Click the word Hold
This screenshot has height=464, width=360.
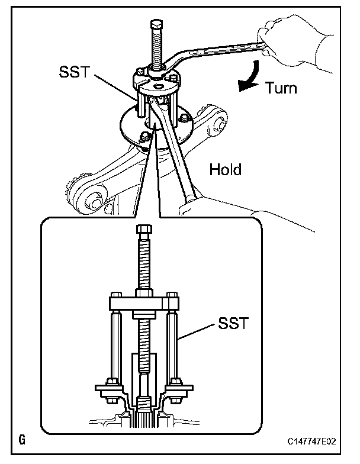pyautogui.click(x=226, y=170)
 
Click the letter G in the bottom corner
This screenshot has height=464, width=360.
pyautogui.click(x=22, y=440)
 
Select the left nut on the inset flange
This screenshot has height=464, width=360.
pyautogui.click(x=111, y=381)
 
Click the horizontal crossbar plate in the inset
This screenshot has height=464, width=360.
pyautogui.click(x=143, y=303)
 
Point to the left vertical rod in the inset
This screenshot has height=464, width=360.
pyautogui.click(x=115, y=343)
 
